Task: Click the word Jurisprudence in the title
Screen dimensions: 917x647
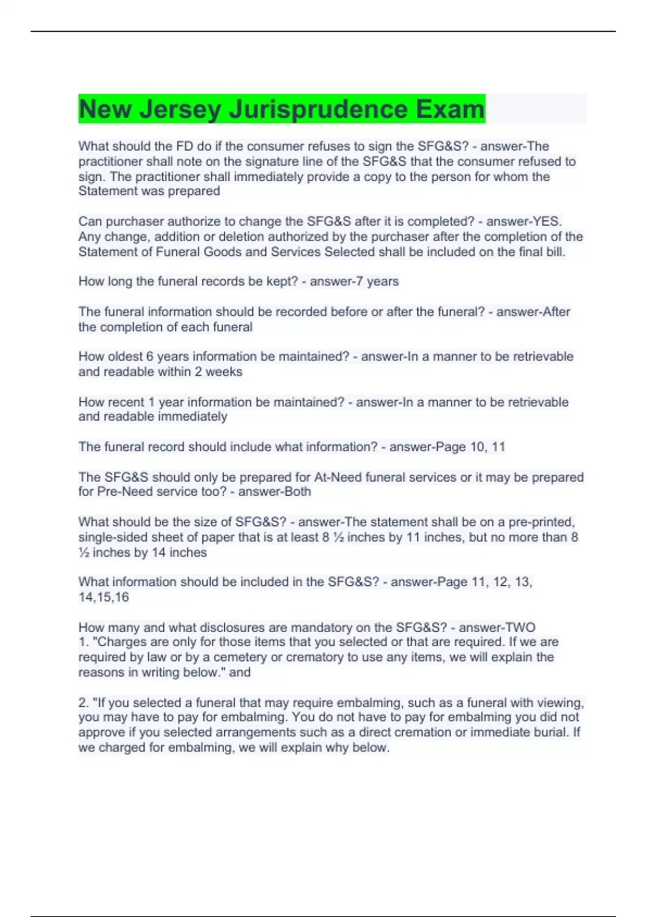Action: [319, 109]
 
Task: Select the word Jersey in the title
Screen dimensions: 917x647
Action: [180, 109]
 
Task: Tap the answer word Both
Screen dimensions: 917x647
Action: [298, 491]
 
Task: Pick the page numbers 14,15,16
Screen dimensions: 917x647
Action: [104, 597]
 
